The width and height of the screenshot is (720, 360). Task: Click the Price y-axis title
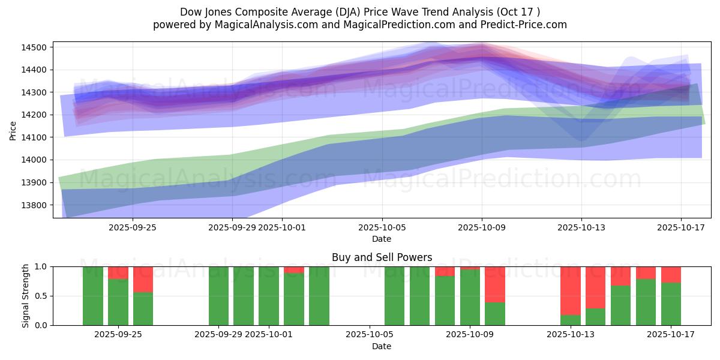click(x=13, y=130)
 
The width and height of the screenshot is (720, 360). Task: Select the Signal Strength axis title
click(x=26, y=296)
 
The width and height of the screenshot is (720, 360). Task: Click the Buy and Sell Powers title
click(x=382, y=257)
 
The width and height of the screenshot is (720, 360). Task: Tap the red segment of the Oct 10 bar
click(x=495, y=284)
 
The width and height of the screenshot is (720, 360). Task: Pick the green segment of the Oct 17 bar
click(x=671, y=304)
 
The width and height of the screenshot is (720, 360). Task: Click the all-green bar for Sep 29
click(x=219, y=296)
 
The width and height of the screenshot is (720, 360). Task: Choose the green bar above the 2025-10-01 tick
click(x=269, y=296)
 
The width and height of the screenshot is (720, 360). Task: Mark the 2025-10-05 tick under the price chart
click(x=382, y=229)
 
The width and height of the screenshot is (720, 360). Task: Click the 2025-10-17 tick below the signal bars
click(x=680, y=334)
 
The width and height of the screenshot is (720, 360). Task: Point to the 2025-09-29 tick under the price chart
click(x=232, y=229)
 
